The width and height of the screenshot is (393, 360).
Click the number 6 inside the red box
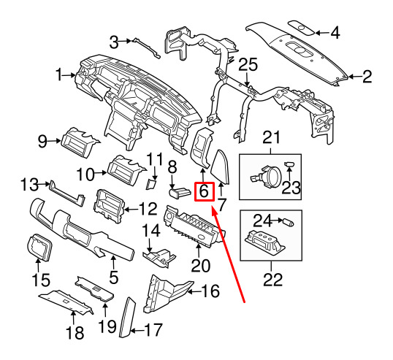pyautogui.click(x=204, y=191)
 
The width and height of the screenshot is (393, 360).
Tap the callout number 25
pyautogui.click(x=248, y=65)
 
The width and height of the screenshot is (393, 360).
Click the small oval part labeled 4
pyautogui.click(x=301, y=28)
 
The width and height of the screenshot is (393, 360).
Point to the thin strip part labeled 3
pyautogui.click(x=147, y=48)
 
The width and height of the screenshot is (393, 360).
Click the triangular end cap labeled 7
pyautogui.click(x=220, y=166)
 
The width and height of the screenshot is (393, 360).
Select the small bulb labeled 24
pyautogui.click(x=289, y=222)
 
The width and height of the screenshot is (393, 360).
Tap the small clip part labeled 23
pyautogui.click(x=289, y=164)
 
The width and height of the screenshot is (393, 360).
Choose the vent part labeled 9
pyautogui.click(x=80, y=142)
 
